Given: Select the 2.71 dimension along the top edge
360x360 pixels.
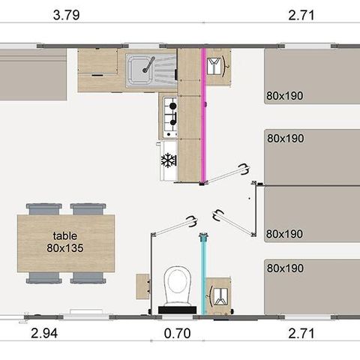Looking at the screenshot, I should (301, 15).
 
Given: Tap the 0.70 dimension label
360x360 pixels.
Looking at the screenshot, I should (177, 334).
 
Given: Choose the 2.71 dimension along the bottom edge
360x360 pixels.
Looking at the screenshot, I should (301, 334).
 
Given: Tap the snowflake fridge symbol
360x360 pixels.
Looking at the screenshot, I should (168, 160).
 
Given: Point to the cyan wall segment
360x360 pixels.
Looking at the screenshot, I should (202, 274).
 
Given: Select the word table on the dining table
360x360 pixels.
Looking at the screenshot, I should (65, 234).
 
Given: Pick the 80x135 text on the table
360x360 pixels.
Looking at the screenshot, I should (65, 246).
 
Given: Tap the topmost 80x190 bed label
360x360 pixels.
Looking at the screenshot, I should (285, 96).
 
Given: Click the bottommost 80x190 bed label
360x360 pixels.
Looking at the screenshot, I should (285, 268).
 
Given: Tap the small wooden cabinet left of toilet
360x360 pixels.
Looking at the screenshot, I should (142, 285).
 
